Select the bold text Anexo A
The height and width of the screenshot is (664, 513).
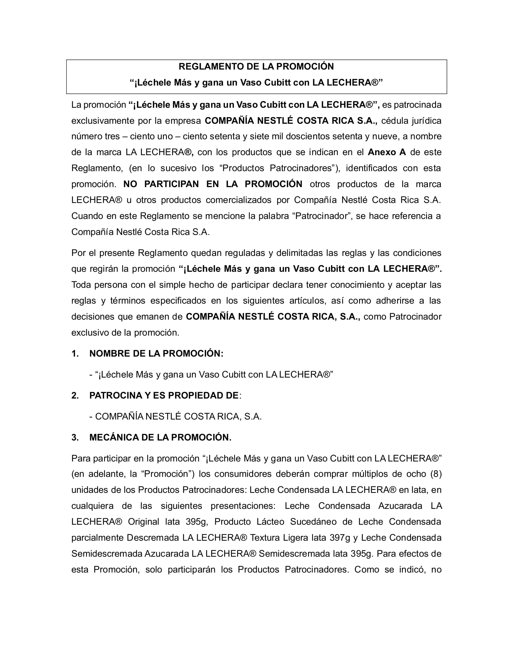[x=387, y=152]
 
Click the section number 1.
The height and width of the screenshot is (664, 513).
[x=75, y=354]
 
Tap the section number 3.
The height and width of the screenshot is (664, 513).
[x=75, y=438]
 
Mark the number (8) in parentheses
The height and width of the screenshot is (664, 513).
[x=435, y=474]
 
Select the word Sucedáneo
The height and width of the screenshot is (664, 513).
[x=313, y=522]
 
